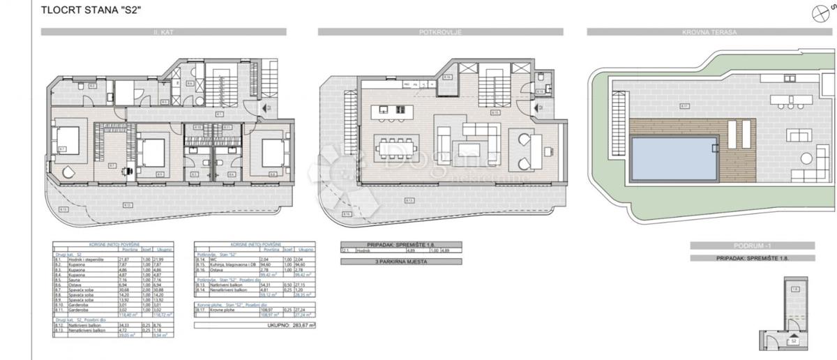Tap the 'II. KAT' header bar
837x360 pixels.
163,31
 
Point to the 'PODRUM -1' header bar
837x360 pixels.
751,246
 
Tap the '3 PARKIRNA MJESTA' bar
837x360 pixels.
382,262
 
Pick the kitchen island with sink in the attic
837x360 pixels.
389,110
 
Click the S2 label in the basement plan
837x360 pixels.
794,341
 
